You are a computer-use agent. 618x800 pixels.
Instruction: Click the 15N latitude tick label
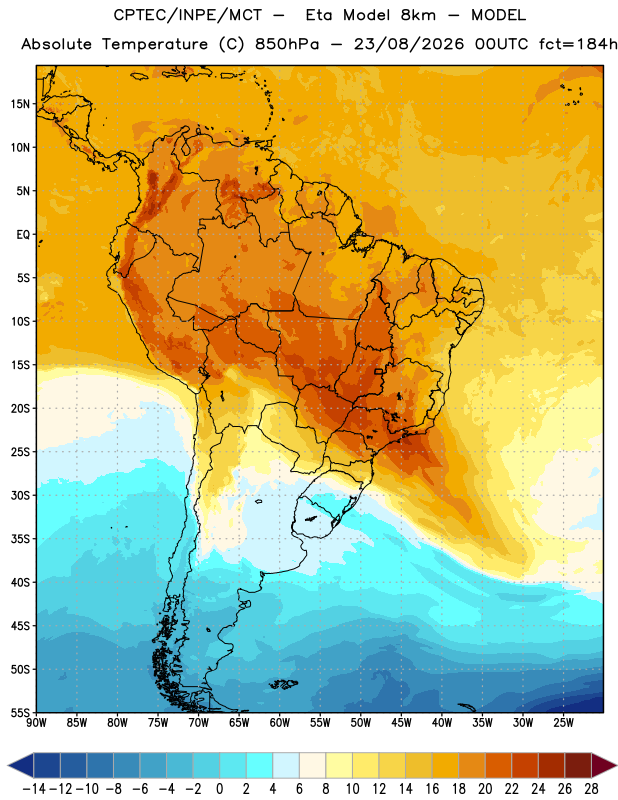click(20, 104)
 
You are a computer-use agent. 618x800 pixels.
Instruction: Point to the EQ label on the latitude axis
click(23, 235)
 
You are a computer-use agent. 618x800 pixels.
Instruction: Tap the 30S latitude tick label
click(20, 495)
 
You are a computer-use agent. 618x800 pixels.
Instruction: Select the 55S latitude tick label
click(20, 712)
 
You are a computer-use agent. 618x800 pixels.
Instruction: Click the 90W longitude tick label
click(36, 722)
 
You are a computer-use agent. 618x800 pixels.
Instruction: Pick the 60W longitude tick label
click(280, 722)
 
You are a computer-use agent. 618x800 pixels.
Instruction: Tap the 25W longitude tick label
click(563, 722)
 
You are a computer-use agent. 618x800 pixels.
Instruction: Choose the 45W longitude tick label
click(401, 722)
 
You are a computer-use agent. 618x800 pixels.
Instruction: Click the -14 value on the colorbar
click(34, 789)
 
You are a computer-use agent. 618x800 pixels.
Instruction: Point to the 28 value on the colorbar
click(591, 789)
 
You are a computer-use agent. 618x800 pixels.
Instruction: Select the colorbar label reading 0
click(219, 789)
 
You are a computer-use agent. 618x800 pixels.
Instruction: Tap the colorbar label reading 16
click(432, 789)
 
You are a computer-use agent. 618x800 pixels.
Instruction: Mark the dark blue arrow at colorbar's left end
click(21, 765)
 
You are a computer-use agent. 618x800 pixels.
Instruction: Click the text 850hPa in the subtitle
click(287, 44)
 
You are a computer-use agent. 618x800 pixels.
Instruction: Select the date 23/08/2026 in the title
click(409, 44)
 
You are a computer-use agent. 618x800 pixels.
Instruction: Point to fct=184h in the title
click(578, 44)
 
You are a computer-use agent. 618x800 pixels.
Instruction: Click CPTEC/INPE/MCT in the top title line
click(188, 15)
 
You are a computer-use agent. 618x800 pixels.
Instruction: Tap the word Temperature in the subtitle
click(155, 45)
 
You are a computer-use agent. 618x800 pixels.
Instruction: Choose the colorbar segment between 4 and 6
click(286, 765)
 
